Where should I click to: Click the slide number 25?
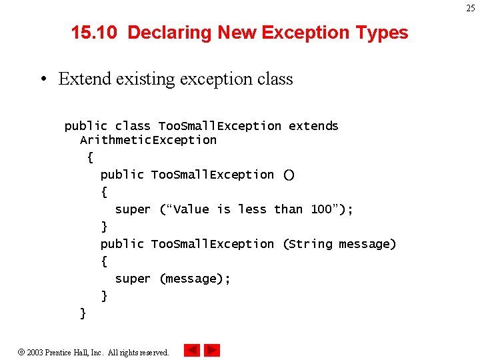pos(471,8)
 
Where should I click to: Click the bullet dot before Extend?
pos(42,79)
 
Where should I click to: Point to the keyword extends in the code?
pos(313,126)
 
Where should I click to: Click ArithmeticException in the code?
pos(148,140)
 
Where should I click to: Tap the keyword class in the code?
pos(133,126)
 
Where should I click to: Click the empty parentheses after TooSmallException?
pos(289,175)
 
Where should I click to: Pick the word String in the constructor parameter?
pos(310,244)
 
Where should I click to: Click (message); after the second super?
pos(195,279)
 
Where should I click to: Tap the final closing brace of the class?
pos(83,313)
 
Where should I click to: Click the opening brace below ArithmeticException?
pos(90,158)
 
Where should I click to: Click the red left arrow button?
pos(191,350)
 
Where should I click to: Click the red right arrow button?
pos(212,350)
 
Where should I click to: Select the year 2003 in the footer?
pos(35,352)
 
